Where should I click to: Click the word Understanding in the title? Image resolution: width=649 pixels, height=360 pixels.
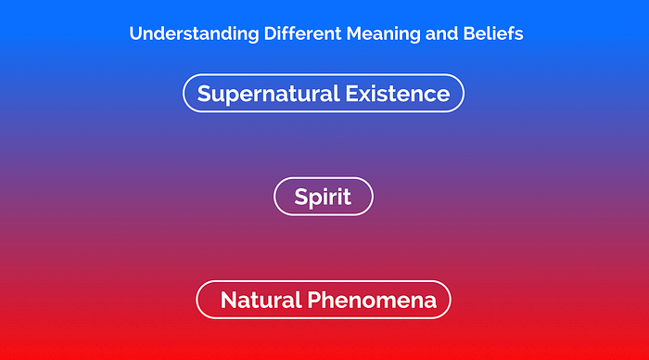point(194,34)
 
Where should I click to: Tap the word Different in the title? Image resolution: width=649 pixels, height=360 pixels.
point(302,33)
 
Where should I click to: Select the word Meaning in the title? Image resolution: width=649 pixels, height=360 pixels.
point(383,34)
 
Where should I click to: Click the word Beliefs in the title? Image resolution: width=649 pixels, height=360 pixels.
point(493,33)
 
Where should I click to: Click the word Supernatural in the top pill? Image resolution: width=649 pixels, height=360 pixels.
point(269,94)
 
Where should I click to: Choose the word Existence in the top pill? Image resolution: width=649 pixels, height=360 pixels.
point(398,93)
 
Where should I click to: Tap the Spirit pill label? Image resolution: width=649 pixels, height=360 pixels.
point(323,197)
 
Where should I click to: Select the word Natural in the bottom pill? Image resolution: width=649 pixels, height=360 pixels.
point(261,300)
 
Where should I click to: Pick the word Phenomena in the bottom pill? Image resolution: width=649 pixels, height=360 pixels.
point(372,300)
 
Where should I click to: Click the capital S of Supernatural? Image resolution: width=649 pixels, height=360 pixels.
point(205,93)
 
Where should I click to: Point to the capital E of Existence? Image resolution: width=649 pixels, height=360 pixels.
point(352,93)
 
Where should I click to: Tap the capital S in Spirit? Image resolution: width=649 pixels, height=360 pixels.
point(301,197)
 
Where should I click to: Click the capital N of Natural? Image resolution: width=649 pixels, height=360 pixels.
point(229,300)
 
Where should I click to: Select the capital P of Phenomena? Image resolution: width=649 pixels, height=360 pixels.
point(314,300)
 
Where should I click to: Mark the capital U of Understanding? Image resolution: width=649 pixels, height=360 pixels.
point(135,33)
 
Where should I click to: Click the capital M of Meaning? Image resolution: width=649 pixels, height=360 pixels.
point(355,33)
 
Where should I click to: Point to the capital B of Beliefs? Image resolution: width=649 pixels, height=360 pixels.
point(469,33)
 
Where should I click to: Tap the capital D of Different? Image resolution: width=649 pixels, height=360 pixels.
point(271,33)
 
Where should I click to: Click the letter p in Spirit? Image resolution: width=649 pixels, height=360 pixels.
point(317,199)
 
